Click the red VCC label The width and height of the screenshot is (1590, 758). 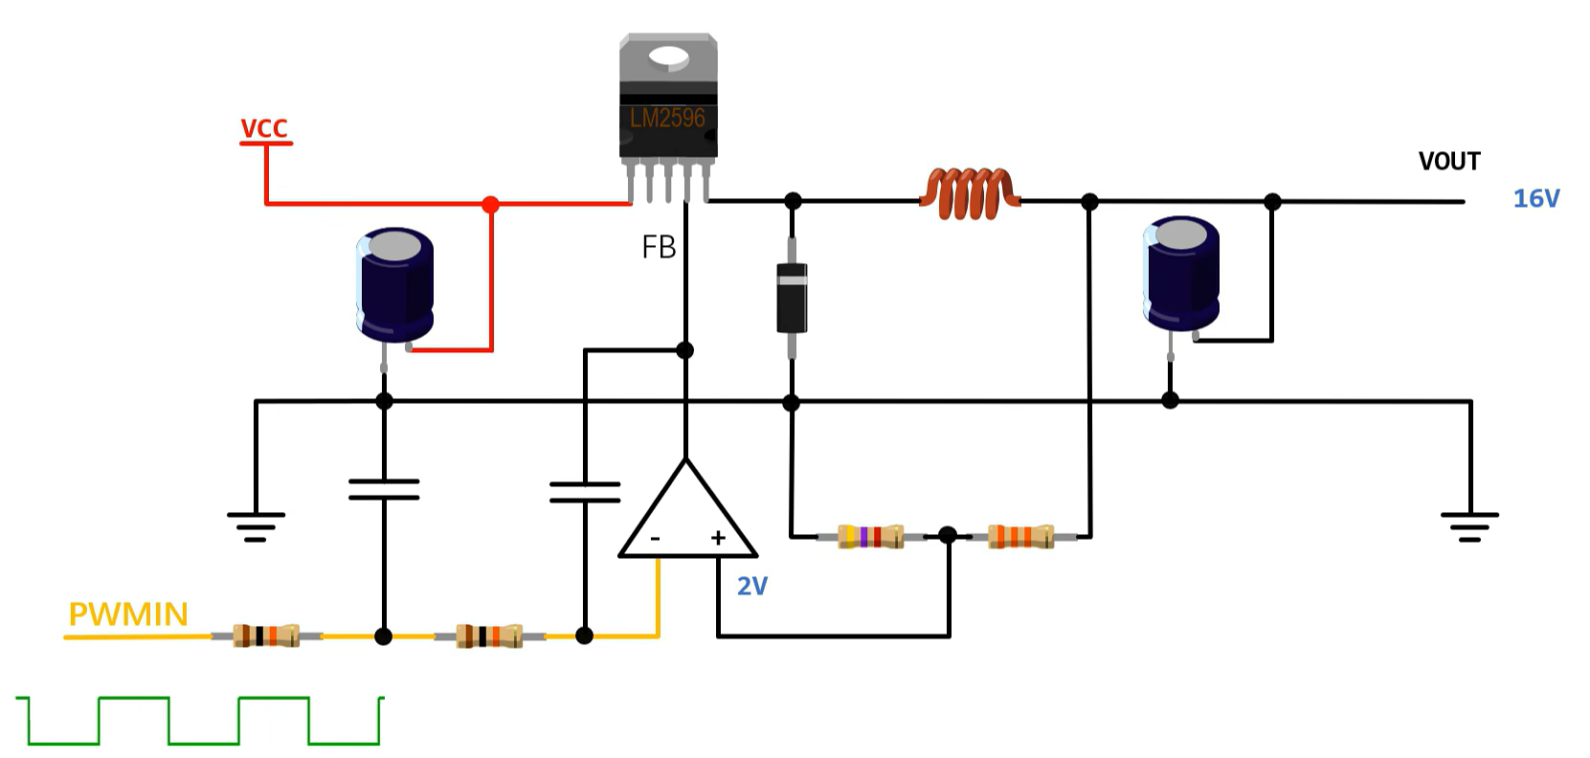click(x=264, y=128)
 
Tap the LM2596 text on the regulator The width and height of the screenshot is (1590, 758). click(x=667, y=119)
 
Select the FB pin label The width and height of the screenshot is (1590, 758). click(x=659, y=248)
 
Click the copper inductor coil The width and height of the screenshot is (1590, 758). click(x=969, y=194)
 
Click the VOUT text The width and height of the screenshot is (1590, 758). click(x=1449, y=162)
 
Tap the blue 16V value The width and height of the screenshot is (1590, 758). click(x=1535, y=199)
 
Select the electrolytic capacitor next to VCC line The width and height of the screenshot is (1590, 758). click(x=394, y=285)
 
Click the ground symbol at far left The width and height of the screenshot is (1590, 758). click(x=256, y=526)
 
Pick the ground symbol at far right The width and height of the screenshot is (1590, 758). click(x=1469, y=526)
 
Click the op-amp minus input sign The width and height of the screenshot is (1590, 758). click(x=656, y=540)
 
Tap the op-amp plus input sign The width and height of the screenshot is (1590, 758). click(x=718, y=539)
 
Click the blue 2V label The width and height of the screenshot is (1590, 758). click(x=751, y=587)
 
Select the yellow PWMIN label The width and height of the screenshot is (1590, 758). click(x=128, y=614)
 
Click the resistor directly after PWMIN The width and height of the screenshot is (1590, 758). click(x=267, y=635)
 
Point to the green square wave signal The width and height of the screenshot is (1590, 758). click(x=201, y=721)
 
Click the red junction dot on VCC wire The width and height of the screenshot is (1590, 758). click(x=490, y=204)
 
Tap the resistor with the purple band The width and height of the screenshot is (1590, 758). click(x=869, y=536)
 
